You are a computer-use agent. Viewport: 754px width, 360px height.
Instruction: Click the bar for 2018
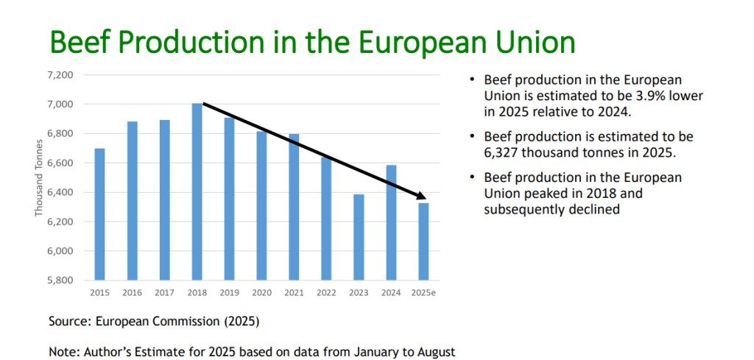[x=197, y=191]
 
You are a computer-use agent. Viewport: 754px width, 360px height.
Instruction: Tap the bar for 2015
[x=99, y=214]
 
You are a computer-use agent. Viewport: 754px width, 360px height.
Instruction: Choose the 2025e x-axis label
[x=423, y=293]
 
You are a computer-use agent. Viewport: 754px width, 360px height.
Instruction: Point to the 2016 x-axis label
[x=132, y=293]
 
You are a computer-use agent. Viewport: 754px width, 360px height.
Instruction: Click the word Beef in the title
[x=77, y=42]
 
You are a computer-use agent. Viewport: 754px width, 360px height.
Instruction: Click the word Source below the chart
[x=68, y=322]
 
